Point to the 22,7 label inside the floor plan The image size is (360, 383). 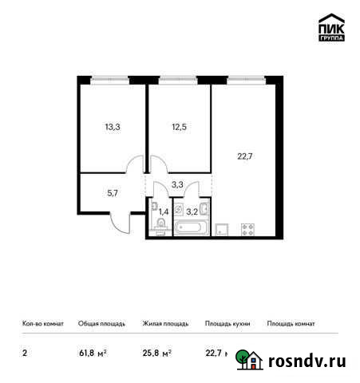click(245, 157)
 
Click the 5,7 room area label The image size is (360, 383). click(113, 192)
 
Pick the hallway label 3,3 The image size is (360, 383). click(178, 185)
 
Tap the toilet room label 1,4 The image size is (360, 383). click(164, 212)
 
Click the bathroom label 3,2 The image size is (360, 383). click(192, 212)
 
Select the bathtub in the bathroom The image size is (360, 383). click(192, 229)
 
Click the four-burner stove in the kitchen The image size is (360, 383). click(247, 229)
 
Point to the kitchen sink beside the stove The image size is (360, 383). click(224, 229)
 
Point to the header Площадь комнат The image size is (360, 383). click(291, 324)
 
